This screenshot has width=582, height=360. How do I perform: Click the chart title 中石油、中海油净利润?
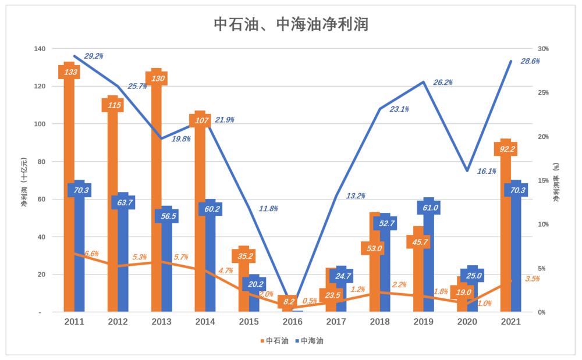pos(290,24)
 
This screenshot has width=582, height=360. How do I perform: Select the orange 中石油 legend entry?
pos(274,341)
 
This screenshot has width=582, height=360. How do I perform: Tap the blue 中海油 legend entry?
pos(308,341)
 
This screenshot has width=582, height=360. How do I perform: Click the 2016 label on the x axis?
pos(292,321)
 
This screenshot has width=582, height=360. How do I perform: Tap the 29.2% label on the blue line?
pos(94,56)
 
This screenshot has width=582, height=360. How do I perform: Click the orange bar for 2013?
pos(157,204)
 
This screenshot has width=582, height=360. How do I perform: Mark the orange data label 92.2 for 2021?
pos(505,149)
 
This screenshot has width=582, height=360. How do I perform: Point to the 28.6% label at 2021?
pos(530,62)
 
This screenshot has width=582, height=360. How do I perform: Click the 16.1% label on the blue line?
pos(487,172)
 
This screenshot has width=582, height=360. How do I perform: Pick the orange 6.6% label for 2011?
pos(91,254)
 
